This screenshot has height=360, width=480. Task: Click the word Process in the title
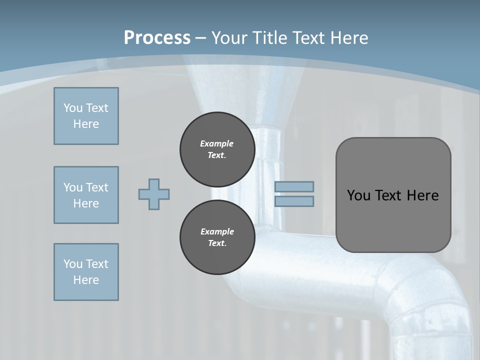tap(157, 37)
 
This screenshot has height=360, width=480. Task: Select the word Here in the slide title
tap(349, 37)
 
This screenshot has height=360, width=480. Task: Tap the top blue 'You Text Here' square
tap(86, 116)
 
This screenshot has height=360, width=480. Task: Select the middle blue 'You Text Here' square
tap(86, 195)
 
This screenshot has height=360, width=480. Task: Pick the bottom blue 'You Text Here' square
tap(86, 271)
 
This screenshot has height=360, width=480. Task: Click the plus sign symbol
tap(154, 194)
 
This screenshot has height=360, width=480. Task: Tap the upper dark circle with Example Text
tap(217, 149)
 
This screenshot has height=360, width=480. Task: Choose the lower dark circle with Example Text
tap(217, 237)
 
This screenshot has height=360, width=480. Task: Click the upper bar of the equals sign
tap(294, 186)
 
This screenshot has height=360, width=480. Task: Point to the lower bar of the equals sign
tap(294, 201)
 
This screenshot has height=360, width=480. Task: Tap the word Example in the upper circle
tap(217, 143)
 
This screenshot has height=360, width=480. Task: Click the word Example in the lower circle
tap(217, 231)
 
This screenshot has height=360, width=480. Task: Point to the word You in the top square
tap(73, 108)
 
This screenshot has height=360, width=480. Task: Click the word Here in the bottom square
tap(86, 280)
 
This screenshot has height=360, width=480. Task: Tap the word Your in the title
tap(229, 37)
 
